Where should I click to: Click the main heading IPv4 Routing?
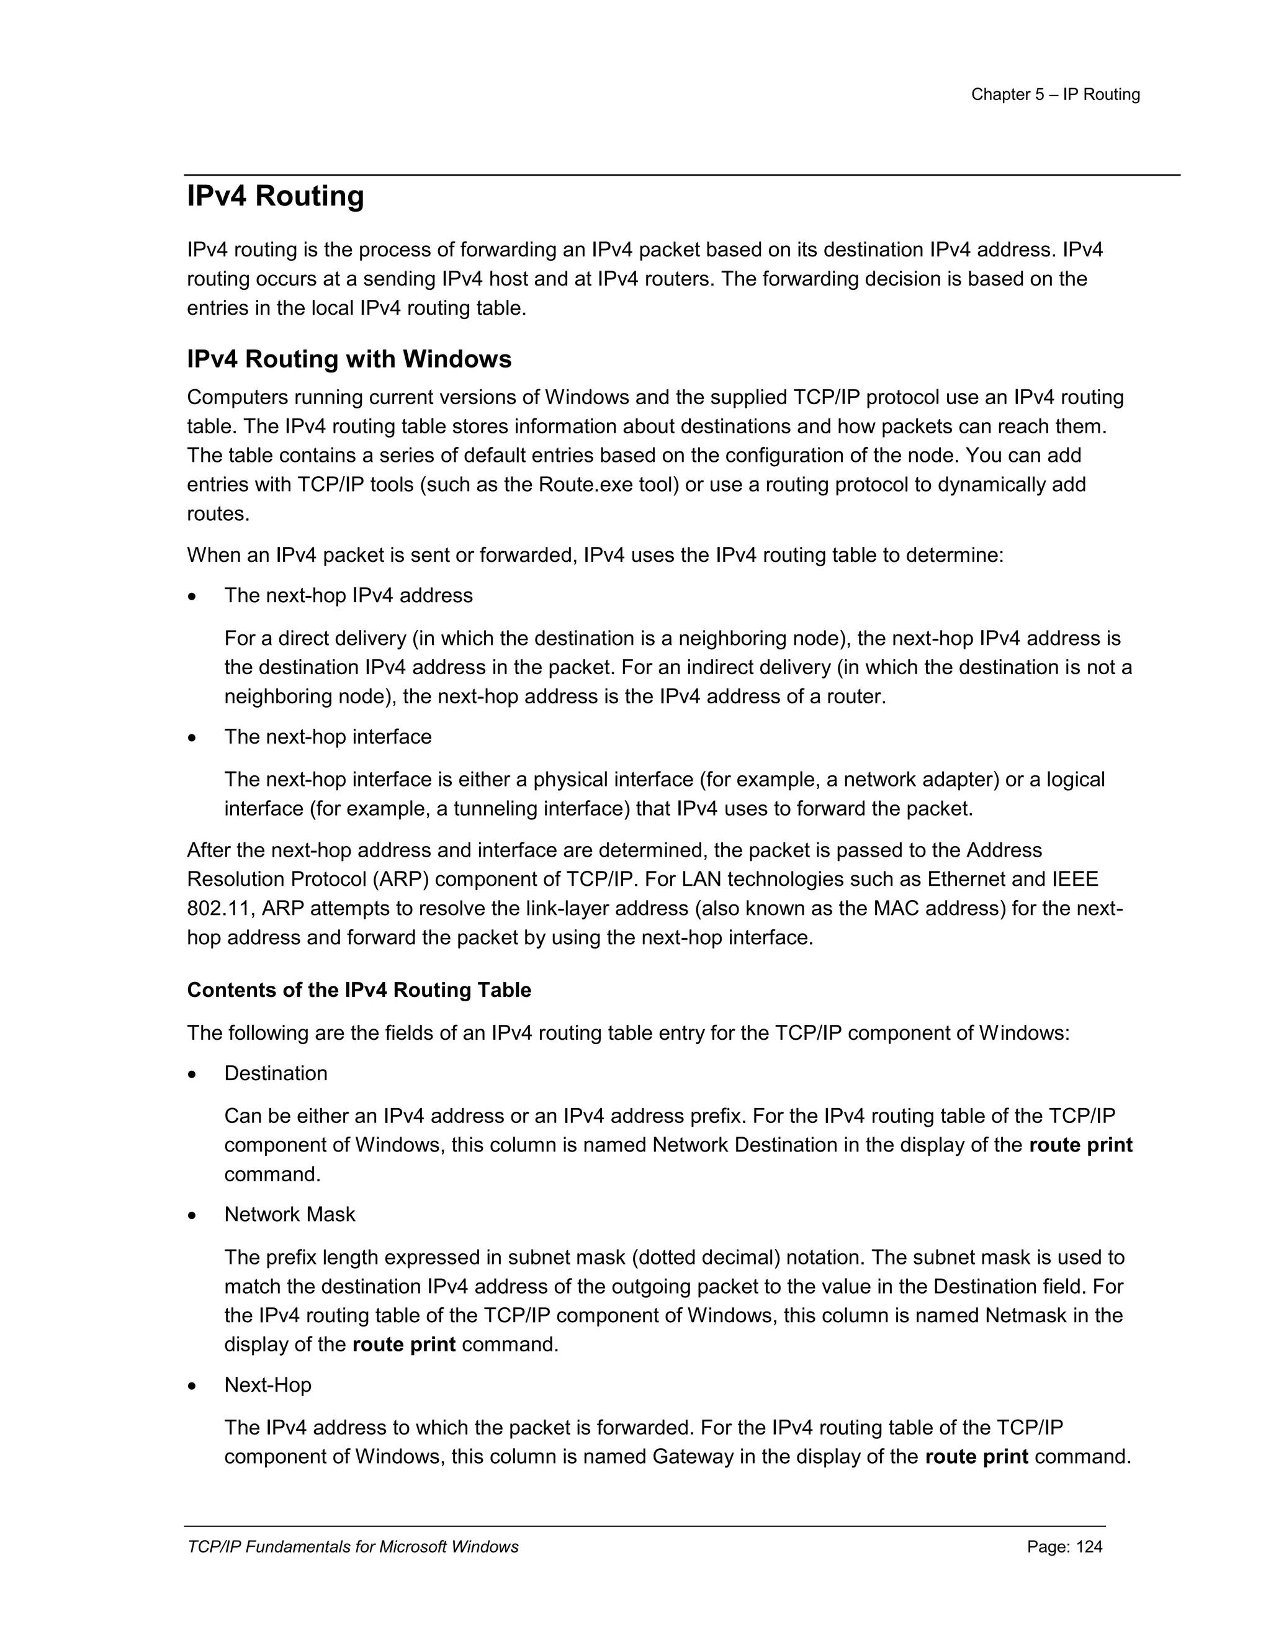click(x=275, y=197)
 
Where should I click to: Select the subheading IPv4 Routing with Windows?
click(x=349, y=359)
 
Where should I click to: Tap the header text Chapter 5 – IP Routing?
click(x=1055, y=95)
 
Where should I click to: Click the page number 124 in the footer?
click(x=1089, y=1546)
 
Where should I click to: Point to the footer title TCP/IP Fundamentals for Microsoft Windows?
click(x=353, y=1546)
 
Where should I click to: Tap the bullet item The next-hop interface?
click(x=328, y=737)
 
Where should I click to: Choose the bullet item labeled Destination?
click(x=276, y=1073)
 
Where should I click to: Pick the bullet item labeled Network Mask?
click(x=289, y=1214)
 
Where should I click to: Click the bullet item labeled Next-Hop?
click(x=267, y=1385)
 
